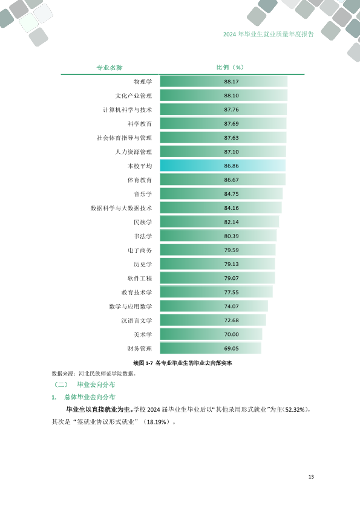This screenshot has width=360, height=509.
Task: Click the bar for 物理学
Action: point(223,82)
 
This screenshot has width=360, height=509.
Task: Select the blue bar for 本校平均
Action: point(223,166)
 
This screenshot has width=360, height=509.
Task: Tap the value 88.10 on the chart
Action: point(231,96)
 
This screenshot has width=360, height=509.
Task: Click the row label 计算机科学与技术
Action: point(128,110)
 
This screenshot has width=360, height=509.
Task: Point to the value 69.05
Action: point(231,349)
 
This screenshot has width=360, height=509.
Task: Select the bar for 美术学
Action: point(211,334)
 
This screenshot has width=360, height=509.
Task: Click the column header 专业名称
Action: point(110,68)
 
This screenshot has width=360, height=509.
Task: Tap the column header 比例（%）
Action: point(230,67)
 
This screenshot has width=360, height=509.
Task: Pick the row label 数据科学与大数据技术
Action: point(121,208)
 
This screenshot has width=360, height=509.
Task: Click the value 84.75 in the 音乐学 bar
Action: point(231,194)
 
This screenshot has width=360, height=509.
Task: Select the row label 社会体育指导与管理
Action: point(125,138)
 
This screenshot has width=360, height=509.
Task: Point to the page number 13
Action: point(311,477)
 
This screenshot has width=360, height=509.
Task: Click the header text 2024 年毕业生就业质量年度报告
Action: point(269,34)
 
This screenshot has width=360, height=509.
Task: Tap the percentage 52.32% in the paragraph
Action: point(295,410)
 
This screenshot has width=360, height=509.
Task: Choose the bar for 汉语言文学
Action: point(213,320)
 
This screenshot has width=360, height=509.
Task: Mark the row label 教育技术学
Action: point(137,293)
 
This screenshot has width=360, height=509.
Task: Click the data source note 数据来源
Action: point(94,374)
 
